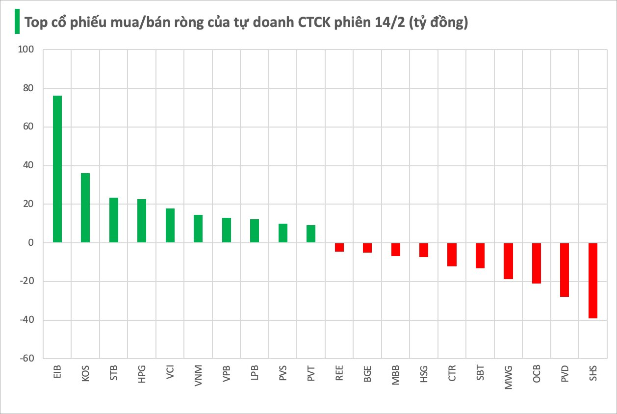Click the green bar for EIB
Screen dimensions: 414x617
pos(57,169)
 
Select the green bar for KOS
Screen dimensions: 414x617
pos(85,207)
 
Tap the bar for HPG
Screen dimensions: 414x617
pos(142,221)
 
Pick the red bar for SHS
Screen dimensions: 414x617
pos(593,281)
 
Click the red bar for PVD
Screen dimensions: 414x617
pos(565,270)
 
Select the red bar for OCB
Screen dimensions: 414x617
pos(537,263)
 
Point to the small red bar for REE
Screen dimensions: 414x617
pos(339,247)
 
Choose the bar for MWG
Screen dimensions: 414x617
pos(508,261)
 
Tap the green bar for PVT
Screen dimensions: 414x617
pos(311,234)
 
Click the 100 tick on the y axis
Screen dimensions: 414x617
pos(25,50)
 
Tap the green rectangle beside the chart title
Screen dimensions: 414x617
pos(17,22)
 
